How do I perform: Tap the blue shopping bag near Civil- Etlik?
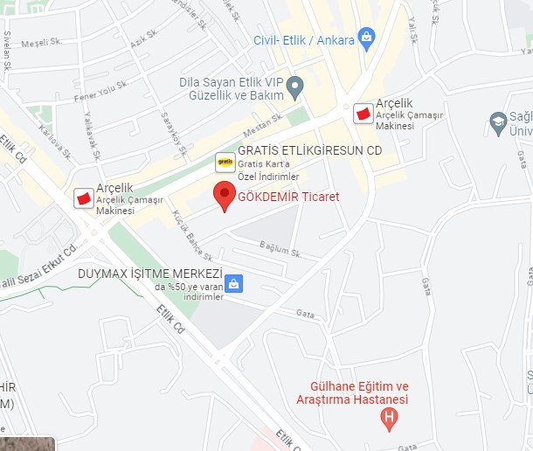point(366,37)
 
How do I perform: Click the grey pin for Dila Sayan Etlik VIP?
point(296,87)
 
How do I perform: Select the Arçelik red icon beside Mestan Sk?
point(362,113)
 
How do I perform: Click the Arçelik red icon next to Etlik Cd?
point(84,198)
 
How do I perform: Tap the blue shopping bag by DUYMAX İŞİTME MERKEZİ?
point(233,283)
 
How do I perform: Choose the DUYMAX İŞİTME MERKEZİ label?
point(150,273)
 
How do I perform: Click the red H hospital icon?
point(390,420)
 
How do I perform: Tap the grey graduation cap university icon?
point(499,120)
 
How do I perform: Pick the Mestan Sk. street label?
point(264,126)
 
